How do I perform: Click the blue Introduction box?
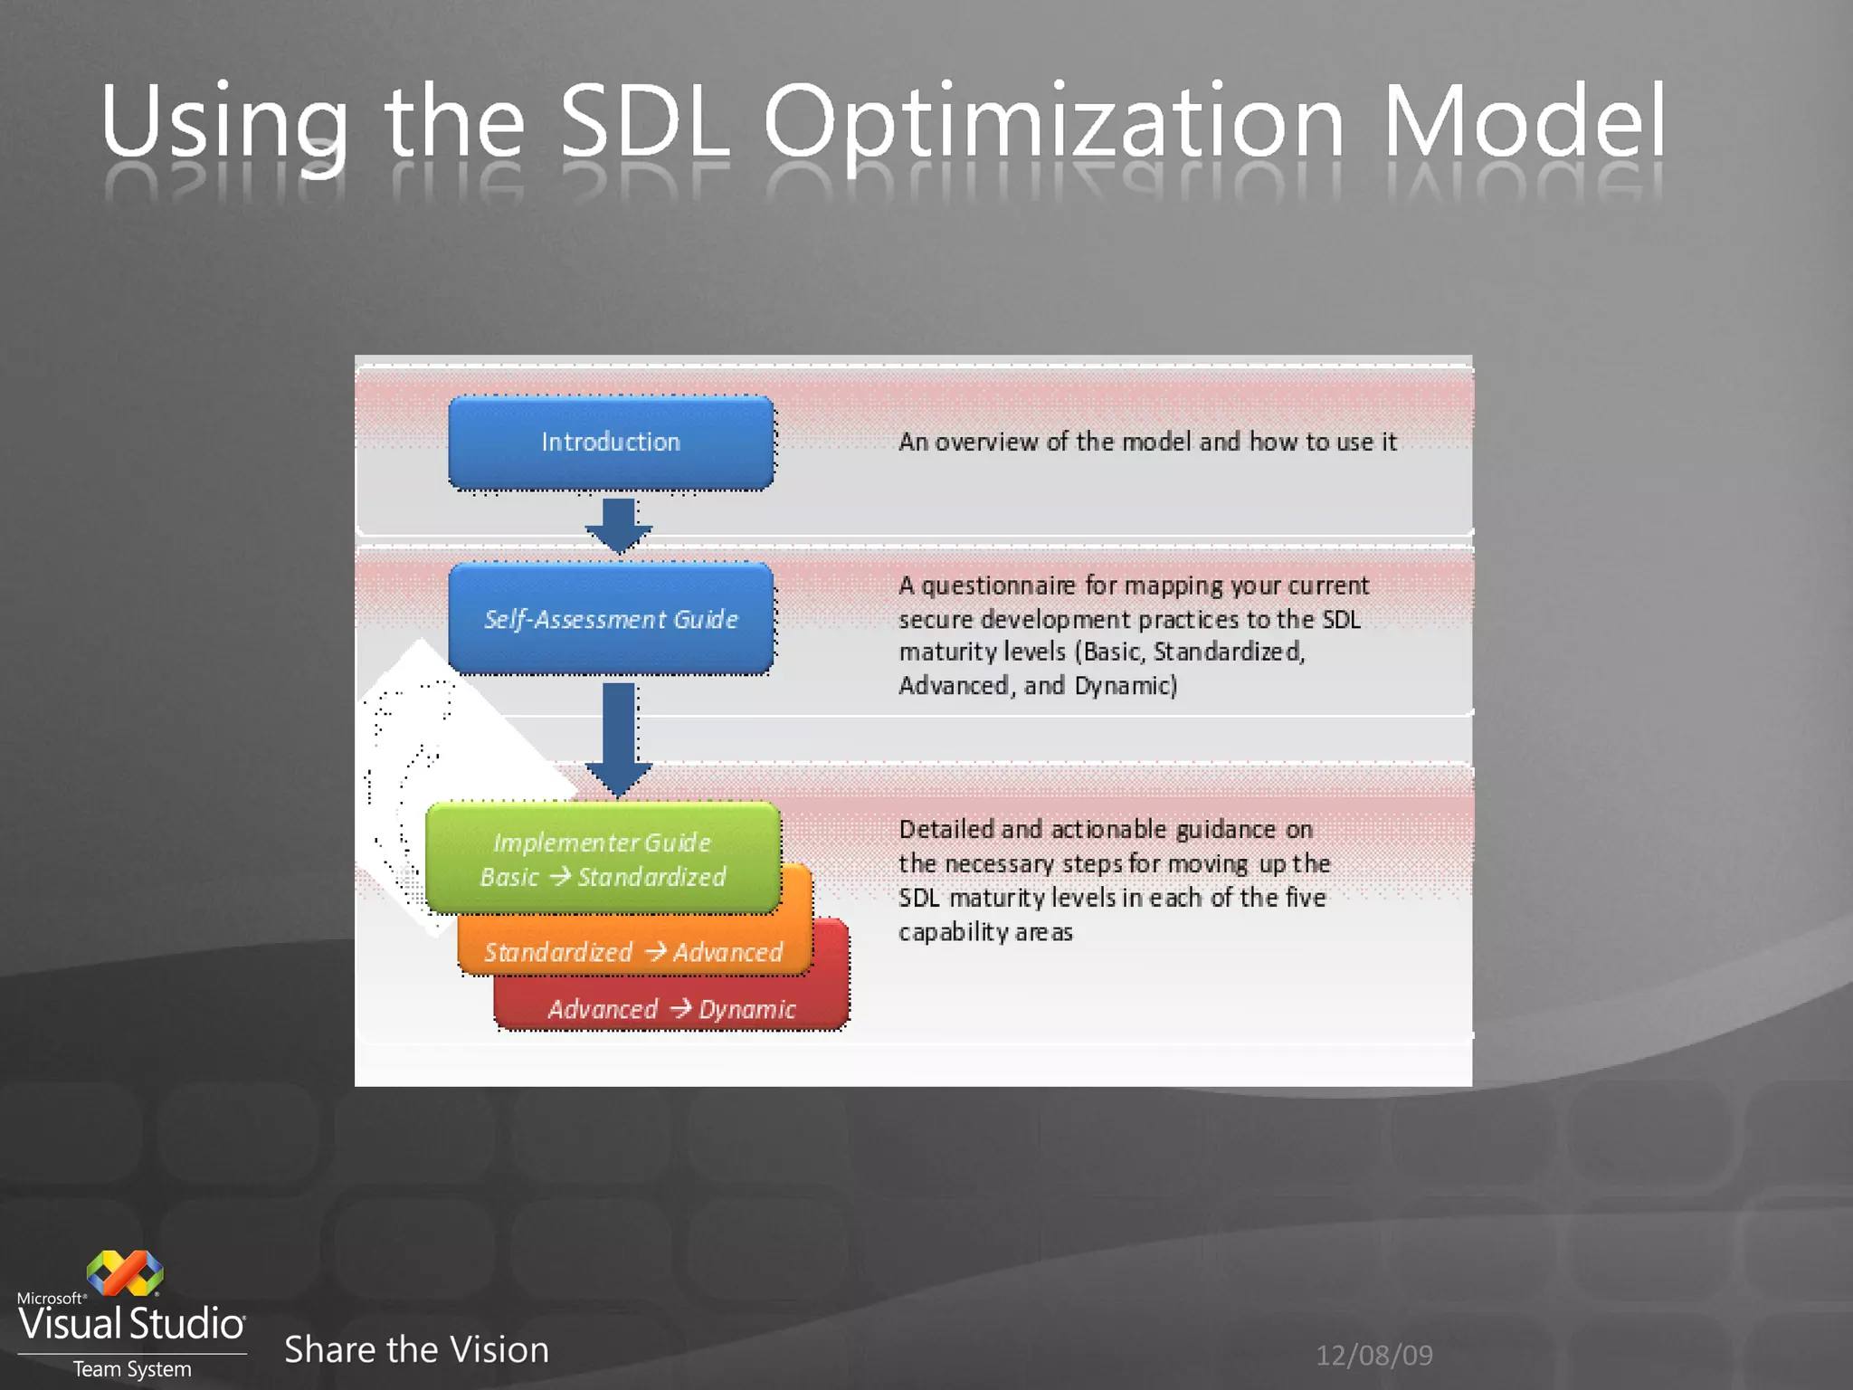click(611, 443)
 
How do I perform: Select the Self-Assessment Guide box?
click(611, 619)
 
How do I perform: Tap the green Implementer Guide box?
click(603, 858)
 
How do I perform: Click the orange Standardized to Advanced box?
click(633, 952)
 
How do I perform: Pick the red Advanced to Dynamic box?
click(671, 1008)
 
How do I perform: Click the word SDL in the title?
click(644, 121)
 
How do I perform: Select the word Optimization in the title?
click(1054, 121)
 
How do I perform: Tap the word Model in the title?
click(1524, 121)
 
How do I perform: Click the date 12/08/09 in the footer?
click(1373, 1355)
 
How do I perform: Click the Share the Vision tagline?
click(416, 1349)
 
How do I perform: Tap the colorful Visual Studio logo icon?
click(125, 1272)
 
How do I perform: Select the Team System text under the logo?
click(132, 1369)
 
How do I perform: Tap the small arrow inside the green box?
click(560, 876)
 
